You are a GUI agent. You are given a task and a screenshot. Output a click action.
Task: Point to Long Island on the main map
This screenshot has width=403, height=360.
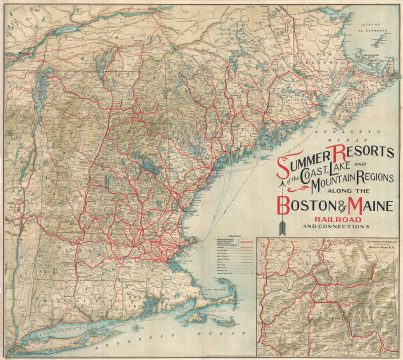[90, 335]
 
